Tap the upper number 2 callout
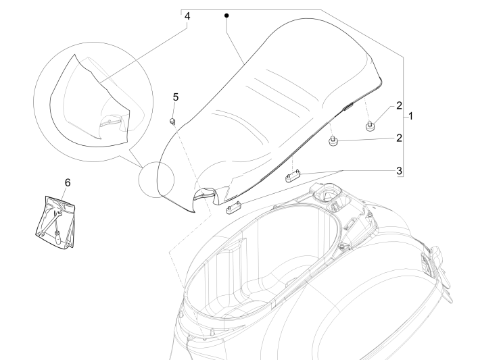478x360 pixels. click(399, 105)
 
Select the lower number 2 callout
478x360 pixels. click(399, 138)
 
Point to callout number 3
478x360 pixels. click(400, 170)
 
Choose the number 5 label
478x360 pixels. click(175, 97)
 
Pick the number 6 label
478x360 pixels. click(66, 182)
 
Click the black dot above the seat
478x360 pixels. click(227, 15)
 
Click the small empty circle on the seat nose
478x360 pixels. click(156, 182)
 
